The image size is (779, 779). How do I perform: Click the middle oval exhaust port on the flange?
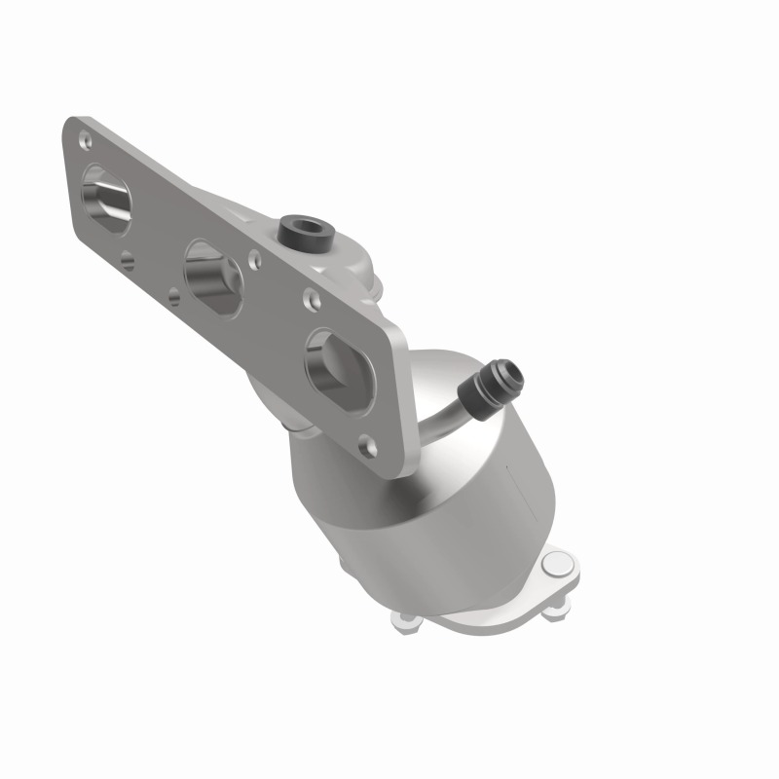[x=212, y=278]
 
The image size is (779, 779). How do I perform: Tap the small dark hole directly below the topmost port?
[x=129, y=259]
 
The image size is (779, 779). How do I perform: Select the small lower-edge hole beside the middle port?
[x=172, y=298]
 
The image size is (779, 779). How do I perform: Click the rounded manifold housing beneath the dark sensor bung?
[x=351, y=263]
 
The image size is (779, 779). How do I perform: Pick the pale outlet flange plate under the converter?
[x=487, y=604]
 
